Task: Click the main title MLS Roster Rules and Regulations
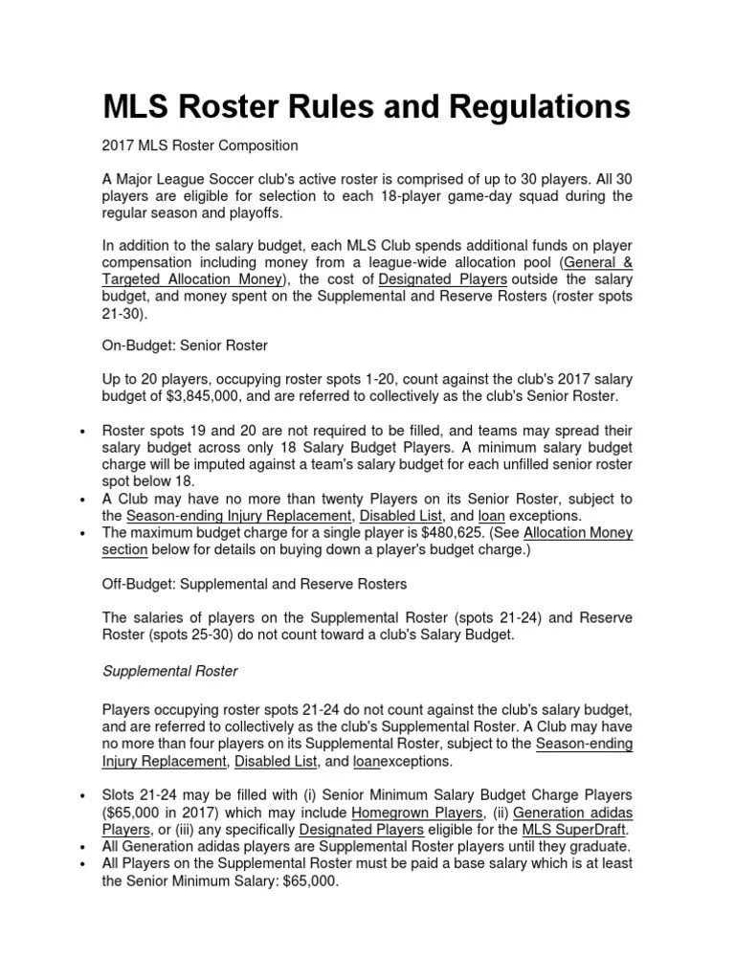(x=367, y=105)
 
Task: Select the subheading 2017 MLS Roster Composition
(x=200, y=146)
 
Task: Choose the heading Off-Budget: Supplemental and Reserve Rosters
(x=255, y=584)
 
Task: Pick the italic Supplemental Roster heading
(x=170, y=672)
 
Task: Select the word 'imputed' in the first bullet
(x=216, y=465)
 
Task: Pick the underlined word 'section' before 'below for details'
(x=125, y=550)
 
